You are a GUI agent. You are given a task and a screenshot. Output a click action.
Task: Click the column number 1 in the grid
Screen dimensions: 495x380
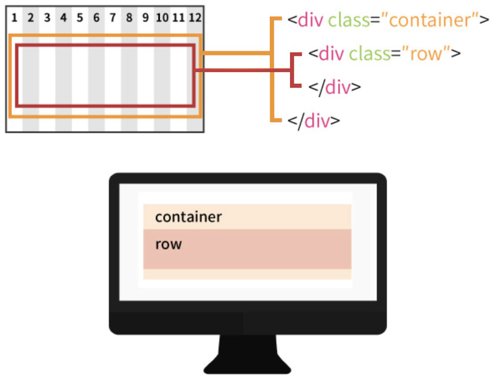click(x=14, y=18)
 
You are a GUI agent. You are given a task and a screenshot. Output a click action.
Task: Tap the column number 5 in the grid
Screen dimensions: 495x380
click(x=80, y=18)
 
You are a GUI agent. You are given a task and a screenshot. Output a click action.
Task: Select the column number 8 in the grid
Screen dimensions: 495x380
click(x=129, y=18)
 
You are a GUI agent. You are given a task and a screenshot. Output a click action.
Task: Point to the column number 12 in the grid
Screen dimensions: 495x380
click(x=195, y=18)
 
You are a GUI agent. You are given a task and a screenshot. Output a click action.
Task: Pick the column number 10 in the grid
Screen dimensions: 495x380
click(x=162, y=18)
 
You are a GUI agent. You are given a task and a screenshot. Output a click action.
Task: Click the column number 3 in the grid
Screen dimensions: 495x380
click(x=47, y=18)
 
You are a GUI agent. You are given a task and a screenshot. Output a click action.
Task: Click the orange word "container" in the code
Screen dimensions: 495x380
click(x=429, y=20)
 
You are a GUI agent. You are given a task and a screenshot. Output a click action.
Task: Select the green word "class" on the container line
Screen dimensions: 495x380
click(x=349, y=20)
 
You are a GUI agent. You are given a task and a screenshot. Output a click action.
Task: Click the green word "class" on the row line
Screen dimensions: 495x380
click(x=370, y=54)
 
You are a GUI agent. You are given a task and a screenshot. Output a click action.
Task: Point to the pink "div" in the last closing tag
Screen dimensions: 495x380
click(x=317, y=121)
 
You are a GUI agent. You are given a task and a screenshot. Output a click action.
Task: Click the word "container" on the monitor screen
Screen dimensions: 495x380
click(x=189, y=217)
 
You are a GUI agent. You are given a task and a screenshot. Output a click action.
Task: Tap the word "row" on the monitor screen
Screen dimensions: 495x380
click(x=168, y=245)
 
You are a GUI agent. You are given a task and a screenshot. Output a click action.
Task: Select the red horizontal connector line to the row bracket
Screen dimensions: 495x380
click(x=243, y=70)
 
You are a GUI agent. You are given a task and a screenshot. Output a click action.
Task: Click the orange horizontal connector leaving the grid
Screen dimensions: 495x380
click(x=236, y=53)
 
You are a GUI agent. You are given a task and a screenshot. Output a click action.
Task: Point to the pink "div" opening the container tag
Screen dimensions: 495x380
click(x=311, y=20)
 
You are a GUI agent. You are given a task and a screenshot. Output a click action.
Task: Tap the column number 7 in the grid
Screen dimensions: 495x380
click(x=113, y=18)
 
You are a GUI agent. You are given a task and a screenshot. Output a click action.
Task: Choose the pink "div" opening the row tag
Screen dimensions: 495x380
click(x=331, y=54)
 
